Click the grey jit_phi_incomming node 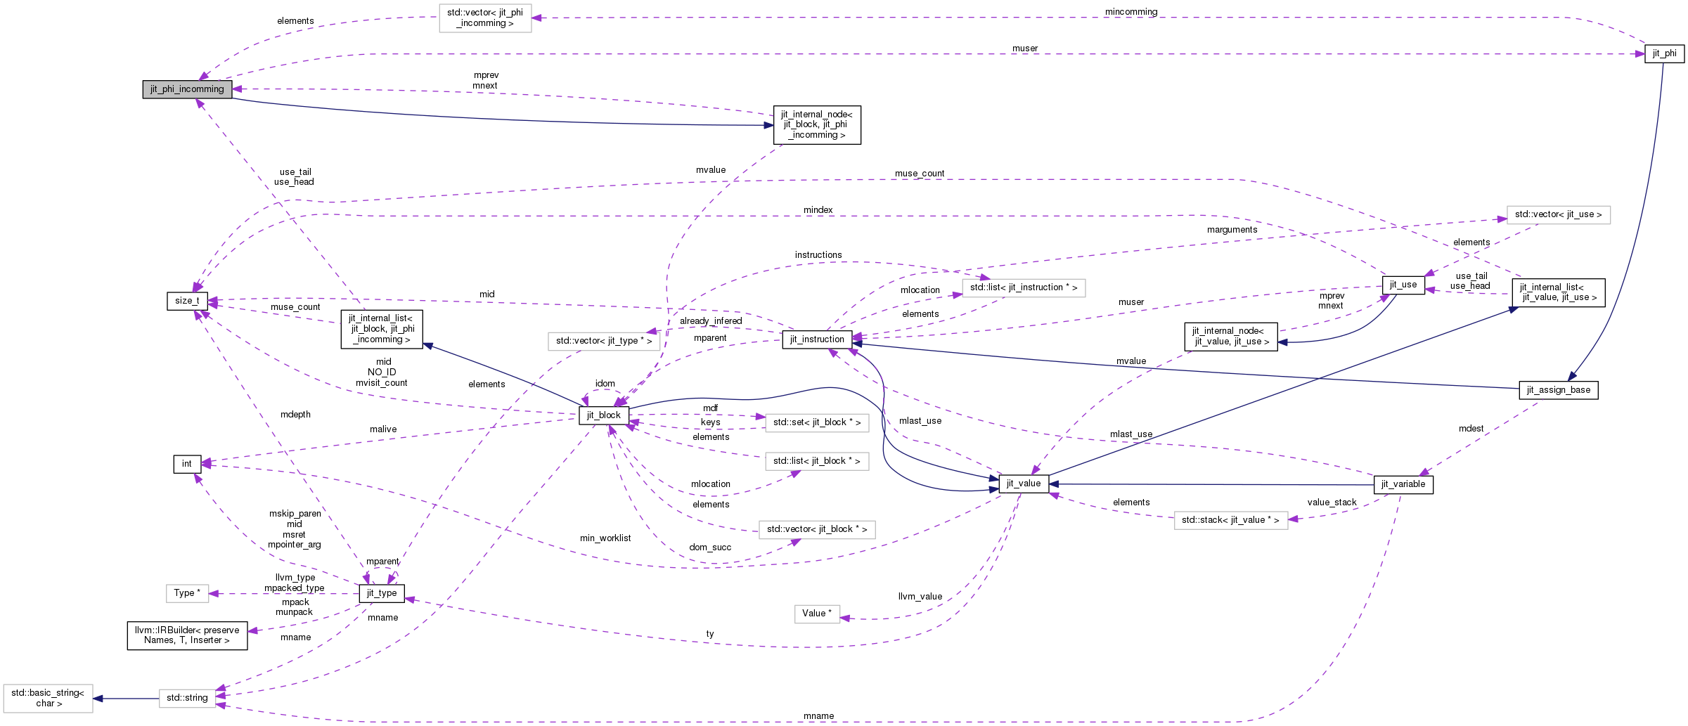tap(187, 89)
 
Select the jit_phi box tap(1664, 53)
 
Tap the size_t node tap(187, 301)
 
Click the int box tap(186, 464)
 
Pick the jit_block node tap(603, 415)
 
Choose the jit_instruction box tap(817, 339)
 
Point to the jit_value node tap(1023, 484)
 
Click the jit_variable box tap(1403, 484)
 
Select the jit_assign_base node tap(1558, 390)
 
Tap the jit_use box tap(1403, 285)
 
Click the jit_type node tap(382, 593)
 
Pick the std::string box tap(187, 698)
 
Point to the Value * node tap(816, 614)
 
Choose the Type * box tap(187, 593)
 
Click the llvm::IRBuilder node tap(187, 635)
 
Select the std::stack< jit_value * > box tap(1230, 520)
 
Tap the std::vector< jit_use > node tap(1558, 214)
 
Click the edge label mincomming tap(1130, 12)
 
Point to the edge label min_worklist tap(605, 538)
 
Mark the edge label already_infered tap(710, 321)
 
